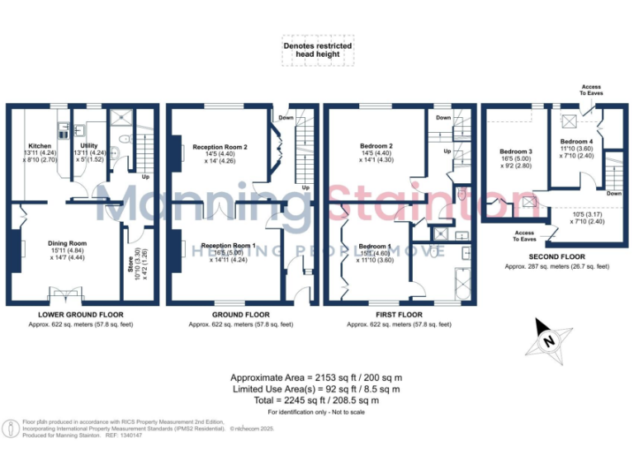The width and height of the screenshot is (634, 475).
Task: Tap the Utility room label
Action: coord(88,145)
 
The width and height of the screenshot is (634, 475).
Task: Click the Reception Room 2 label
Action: coord(220,147)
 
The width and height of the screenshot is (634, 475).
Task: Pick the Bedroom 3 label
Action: coord(515,152)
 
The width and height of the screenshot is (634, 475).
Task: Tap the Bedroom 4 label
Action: coord(575,141)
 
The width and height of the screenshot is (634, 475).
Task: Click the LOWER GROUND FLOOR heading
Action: coord(79,315)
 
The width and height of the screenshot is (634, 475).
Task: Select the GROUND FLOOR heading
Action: coord(240,315)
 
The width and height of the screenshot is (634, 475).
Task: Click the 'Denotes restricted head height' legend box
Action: coord(318,50)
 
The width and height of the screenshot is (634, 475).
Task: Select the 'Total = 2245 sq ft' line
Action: coord(317,400)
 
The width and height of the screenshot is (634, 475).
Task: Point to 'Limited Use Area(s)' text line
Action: coord(317,388)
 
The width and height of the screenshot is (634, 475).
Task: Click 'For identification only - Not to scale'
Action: coord(317,412)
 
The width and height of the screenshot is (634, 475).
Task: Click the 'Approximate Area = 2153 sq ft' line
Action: coord(317,377)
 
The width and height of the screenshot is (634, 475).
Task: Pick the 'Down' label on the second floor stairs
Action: coord(613,193)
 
